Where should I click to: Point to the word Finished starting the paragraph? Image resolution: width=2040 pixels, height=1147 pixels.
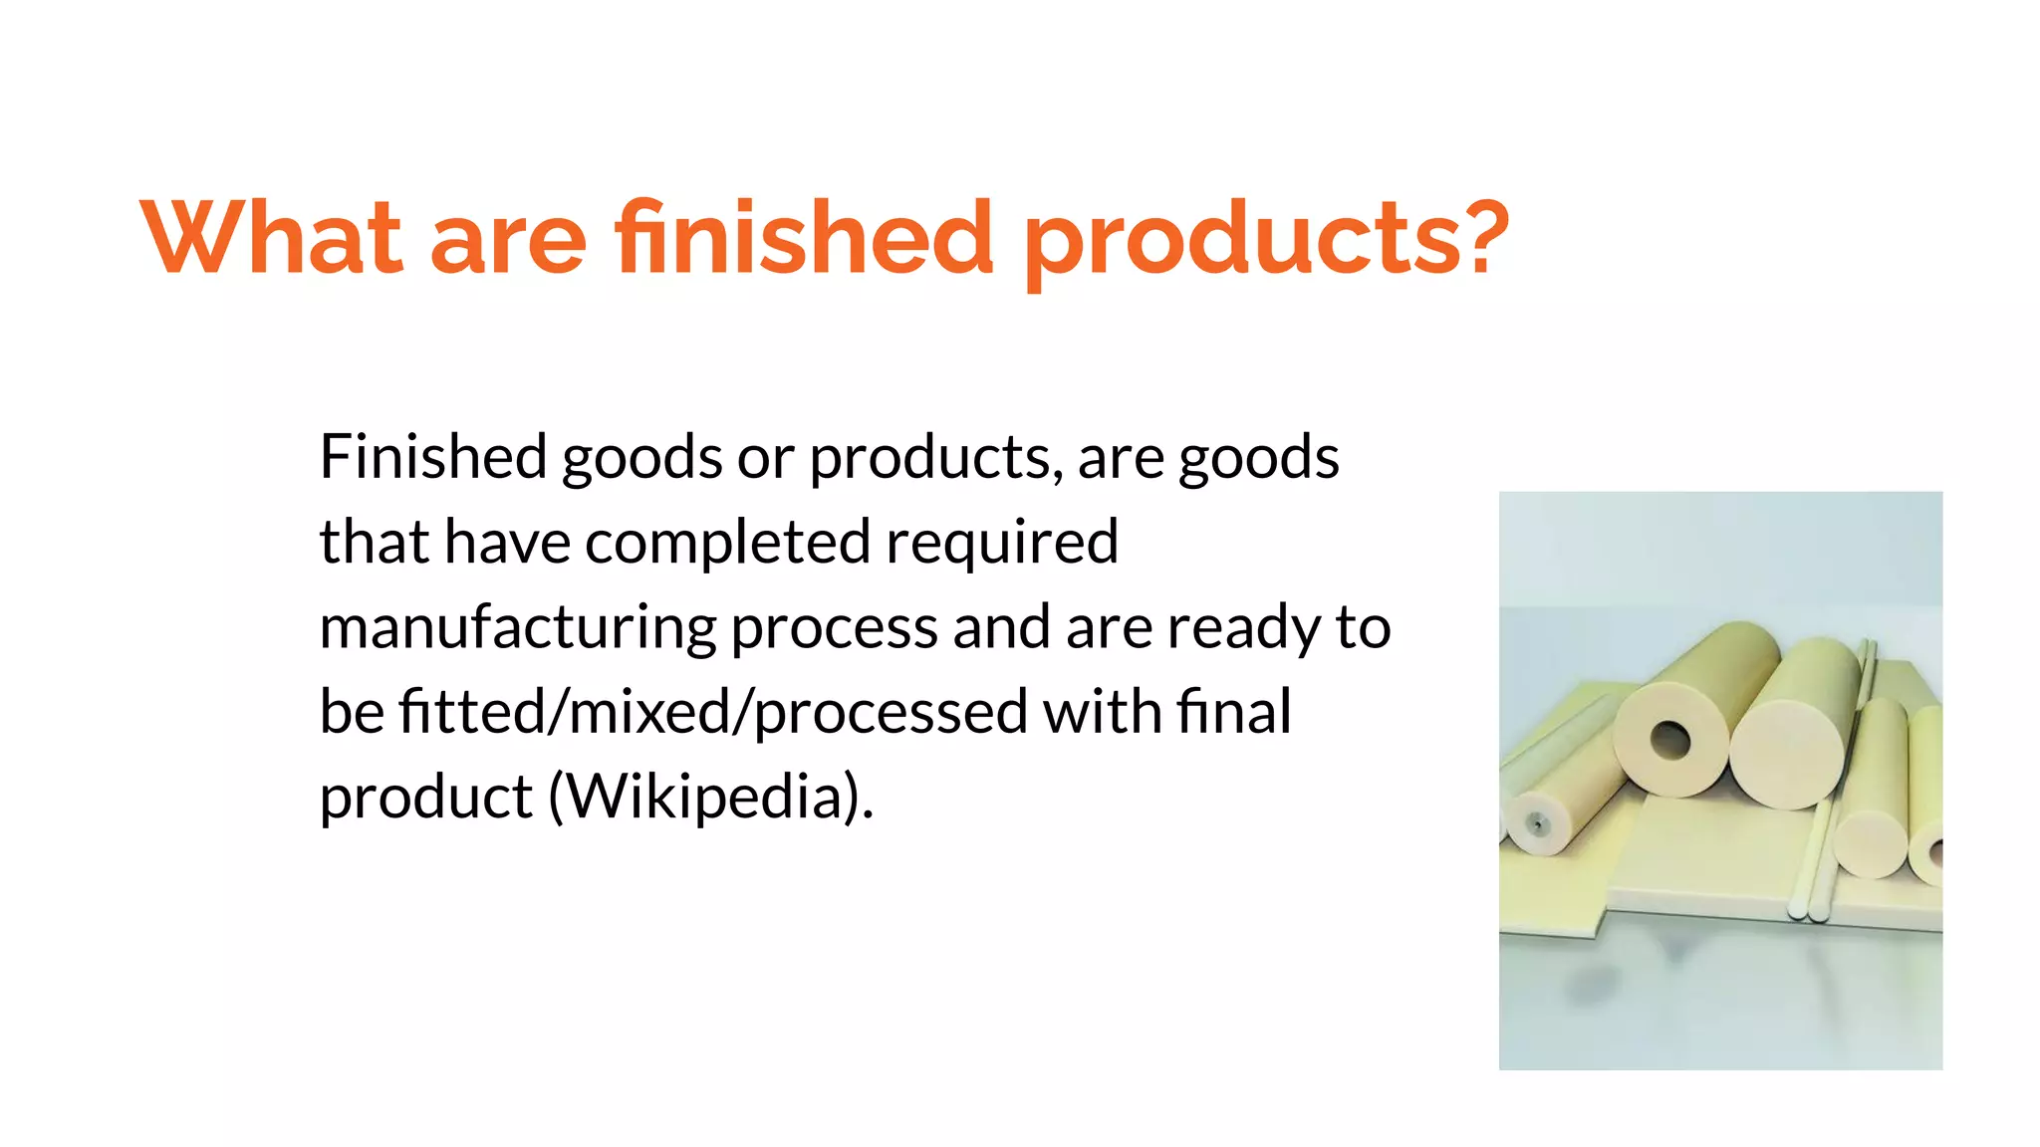point(432,457)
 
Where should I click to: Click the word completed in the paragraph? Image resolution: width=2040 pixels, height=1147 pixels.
point(727,543)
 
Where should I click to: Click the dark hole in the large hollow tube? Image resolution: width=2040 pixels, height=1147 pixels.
point(1670,740)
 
